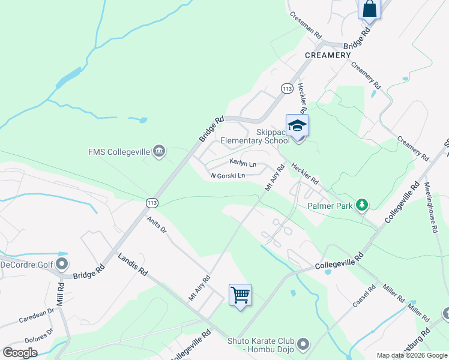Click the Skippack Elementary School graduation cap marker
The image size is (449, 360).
[x=297, y=126]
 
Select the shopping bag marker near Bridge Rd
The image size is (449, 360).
[x=369, y=10]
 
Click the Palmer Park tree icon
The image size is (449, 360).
[x=361, y=206]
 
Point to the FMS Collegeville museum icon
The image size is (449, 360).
[x=159, y=150]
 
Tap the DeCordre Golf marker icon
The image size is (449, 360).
[x=62, y=264]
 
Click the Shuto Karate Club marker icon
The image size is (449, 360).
[x=303, y=344]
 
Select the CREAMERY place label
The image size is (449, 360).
[x=327, y=55]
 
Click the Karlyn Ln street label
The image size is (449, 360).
[x=243, y=163]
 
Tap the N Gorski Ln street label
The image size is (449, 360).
[x=228, y=176]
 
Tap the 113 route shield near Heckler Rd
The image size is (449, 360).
[x=286, y=88]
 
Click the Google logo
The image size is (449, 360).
[x=20, y=353]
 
